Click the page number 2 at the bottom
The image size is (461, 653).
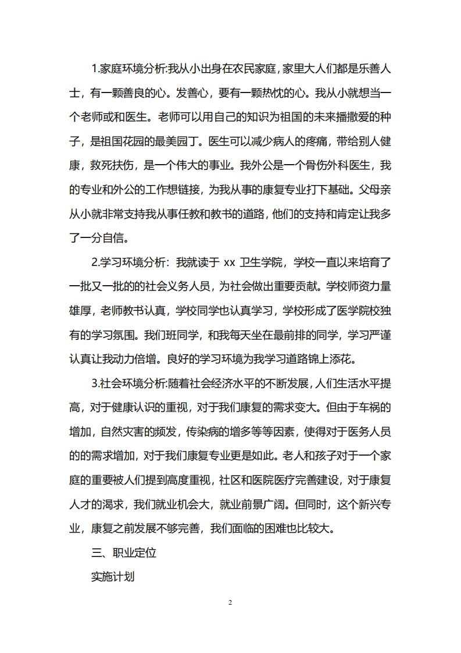(x=230, y=602)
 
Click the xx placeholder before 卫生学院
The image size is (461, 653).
(x=229, y=262)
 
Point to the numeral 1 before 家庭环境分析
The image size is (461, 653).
(x=95, y=69)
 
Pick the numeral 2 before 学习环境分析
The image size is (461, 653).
(x=95, y=262)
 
